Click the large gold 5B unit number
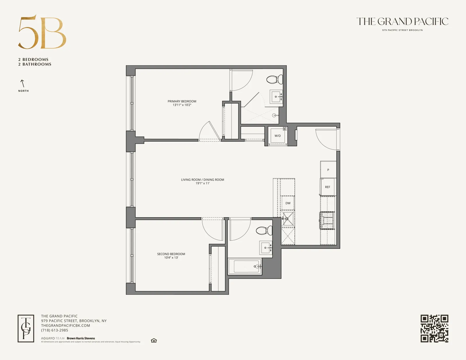[x=42, y=33]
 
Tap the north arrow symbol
[x=22, y=83]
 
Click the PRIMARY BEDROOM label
[x=182, y=101]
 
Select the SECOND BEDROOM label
[x=171, y=254]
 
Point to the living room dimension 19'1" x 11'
[x=202, y=183]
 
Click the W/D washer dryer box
[x=278, y=136]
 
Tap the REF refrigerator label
[x=328, y=187]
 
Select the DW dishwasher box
[x=288, y=203]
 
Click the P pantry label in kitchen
[x=328, y=170]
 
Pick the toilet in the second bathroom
[x=264, y=231]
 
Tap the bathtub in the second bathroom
[x=245, y=267]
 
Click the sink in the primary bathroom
[x=276, y=96]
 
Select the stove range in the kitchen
[x=327, y=220]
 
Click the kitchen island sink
[x=288, y=219]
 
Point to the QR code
[x=434, y=328]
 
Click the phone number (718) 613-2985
[x=55, y=330]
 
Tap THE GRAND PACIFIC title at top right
[x=402, y=22]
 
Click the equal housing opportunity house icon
[x=154, y=340]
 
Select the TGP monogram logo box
[x=26, y=328]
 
